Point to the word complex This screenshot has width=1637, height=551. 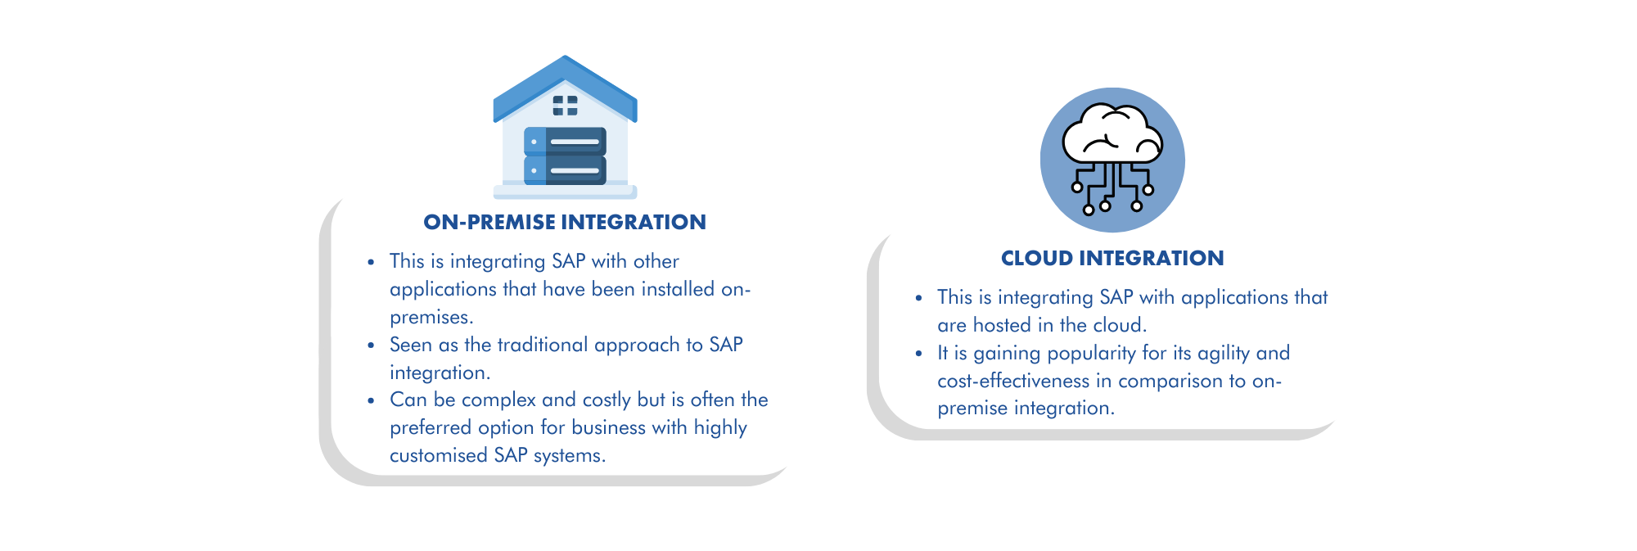(x=498, y=400)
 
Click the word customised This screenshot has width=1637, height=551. (x=438, y=455)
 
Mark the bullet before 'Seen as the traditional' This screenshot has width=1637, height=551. (x=371, y=346)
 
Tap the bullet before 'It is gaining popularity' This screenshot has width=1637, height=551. (x=918, y=354)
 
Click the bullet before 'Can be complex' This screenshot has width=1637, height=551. (x=371, y=400)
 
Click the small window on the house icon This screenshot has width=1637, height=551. (x=565, y=105)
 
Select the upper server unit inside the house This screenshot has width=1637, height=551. (x=565, y=142)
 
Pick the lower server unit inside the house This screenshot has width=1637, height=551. (x=565, y=170)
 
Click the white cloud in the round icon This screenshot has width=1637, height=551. (x=1112, y=133)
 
